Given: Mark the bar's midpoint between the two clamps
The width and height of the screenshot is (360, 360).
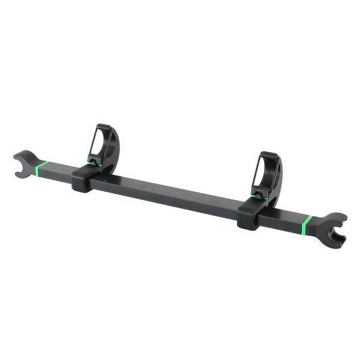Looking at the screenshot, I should [x=172, y=192].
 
